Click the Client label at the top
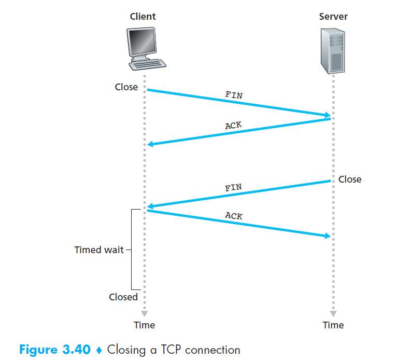143,17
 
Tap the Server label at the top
333,17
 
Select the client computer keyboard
148,64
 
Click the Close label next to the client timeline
126,87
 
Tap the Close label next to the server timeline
350,179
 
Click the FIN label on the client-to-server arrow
234,95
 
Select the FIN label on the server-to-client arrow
233,187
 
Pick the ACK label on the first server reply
233,125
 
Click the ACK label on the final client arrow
234,215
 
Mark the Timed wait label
99,250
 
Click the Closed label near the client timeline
123,297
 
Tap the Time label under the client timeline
144,325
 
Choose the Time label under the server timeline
333,325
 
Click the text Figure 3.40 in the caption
57,349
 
